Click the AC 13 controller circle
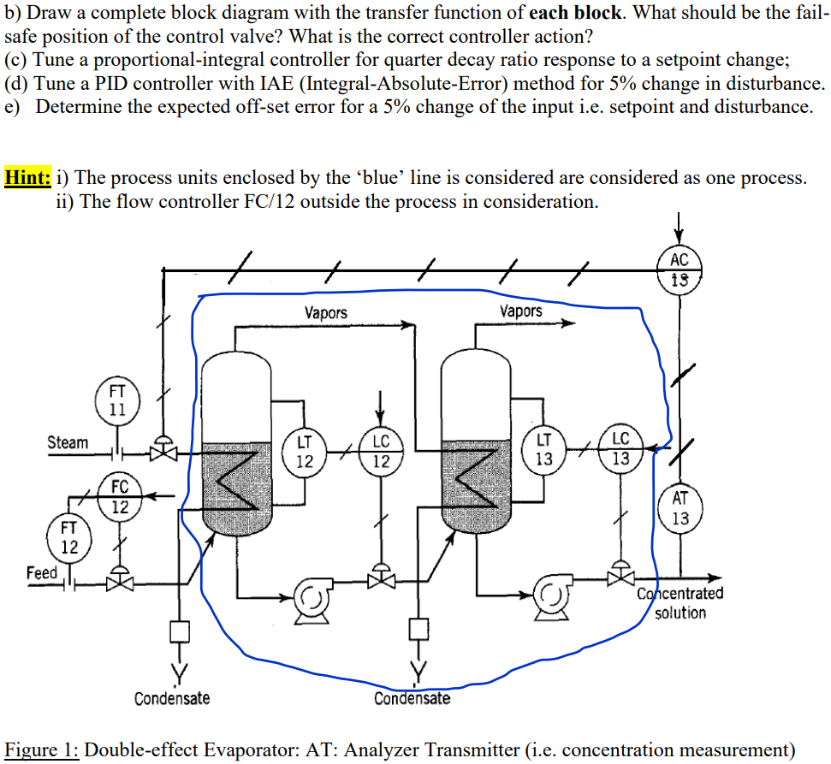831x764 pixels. [x=680, y=268]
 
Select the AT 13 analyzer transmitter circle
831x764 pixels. [x=680, y=508]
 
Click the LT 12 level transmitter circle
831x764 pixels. [x=304, y=451]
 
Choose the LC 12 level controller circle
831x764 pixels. [x=381, y=451]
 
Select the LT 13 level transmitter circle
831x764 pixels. [x=543, y=448]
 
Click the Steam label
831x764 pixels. [x=68, y=442]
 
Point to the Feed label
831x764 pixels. [x=41, y=572]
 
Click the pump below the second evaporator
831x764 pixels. [x=552, y=593]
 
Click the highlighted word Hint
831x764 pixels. [x=27, y=178]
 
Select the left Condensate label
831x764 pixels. [x=172, y=698]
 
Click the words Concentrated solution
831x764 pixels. [x=680, y=602]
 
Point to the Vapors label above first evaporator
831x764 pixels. [x=326, y=313]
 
